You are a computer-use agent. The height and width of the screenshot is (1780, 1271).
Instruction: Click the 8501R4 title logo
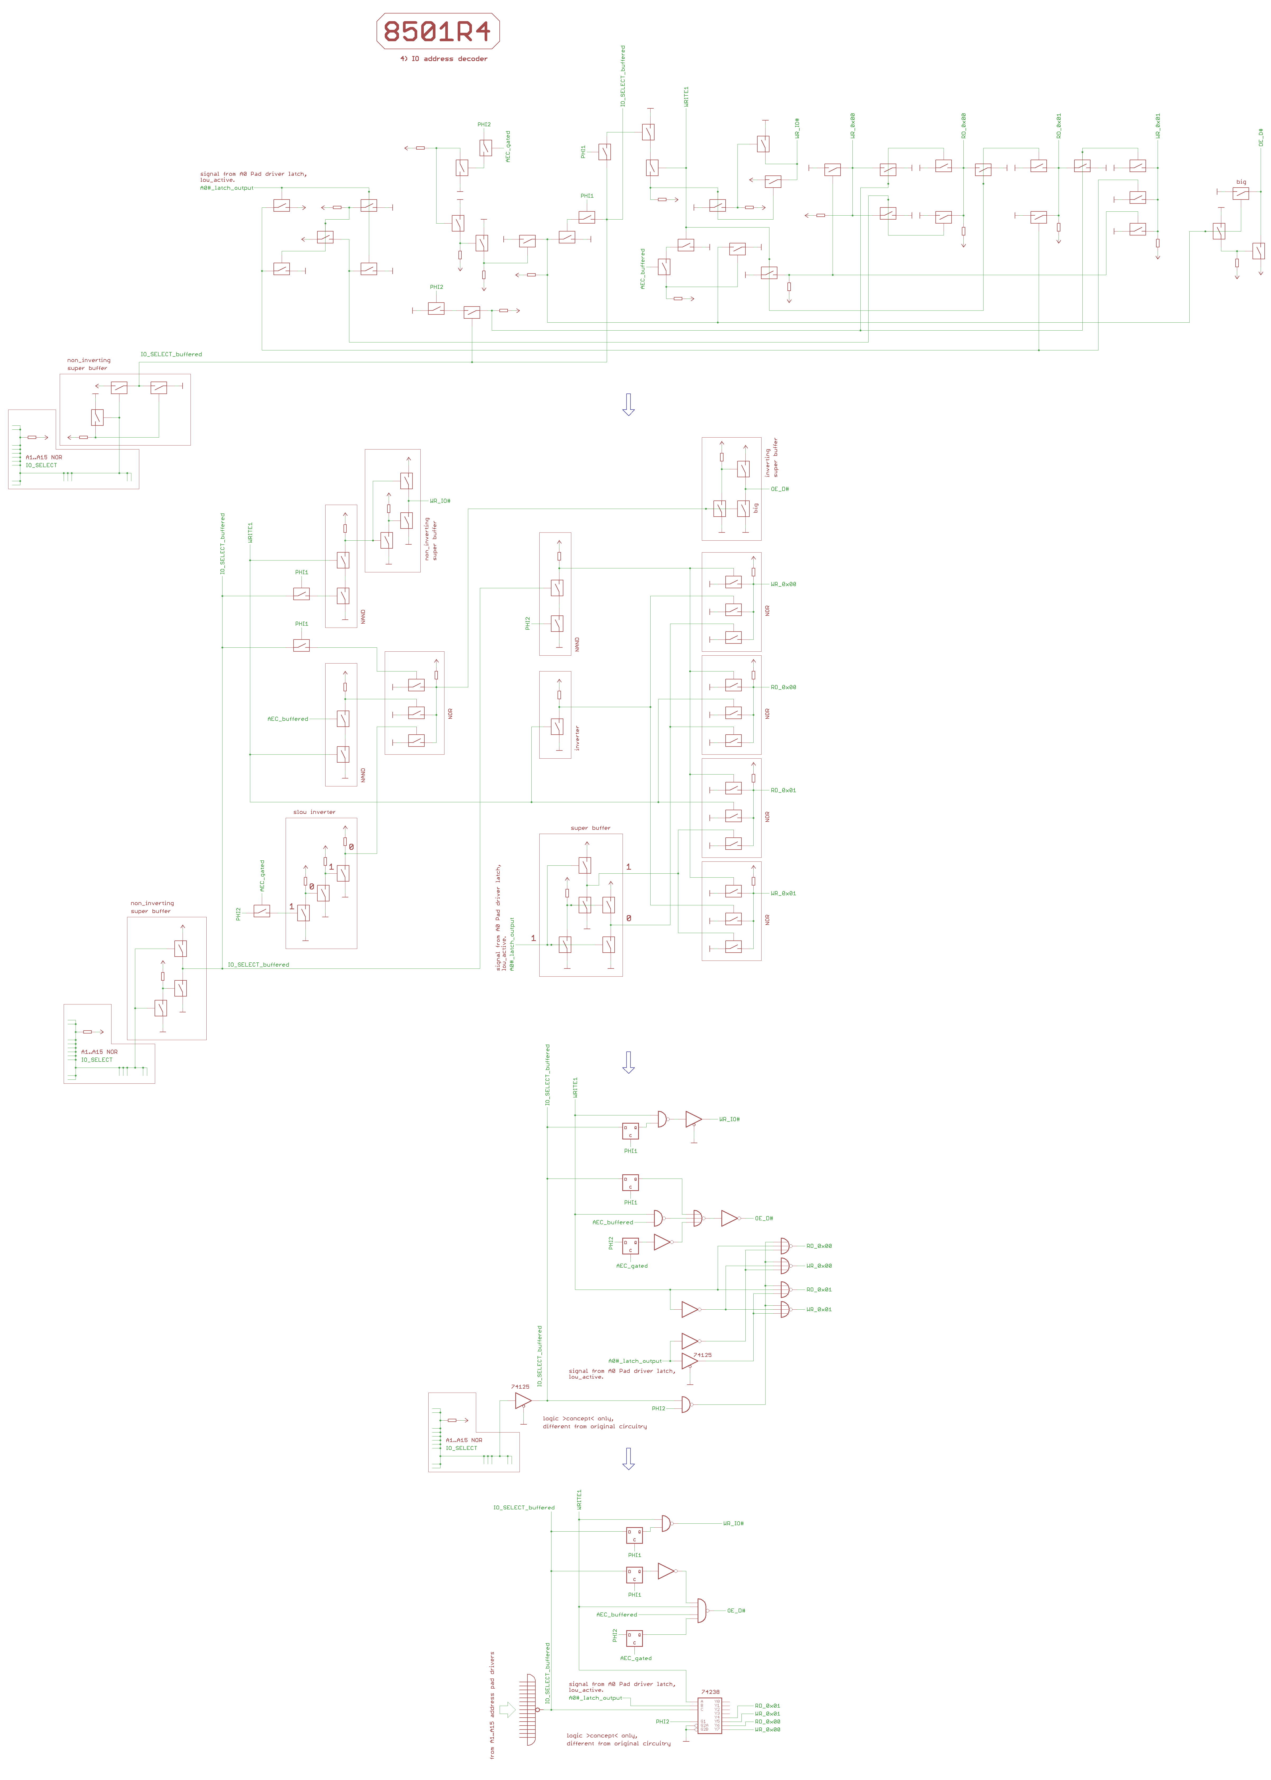coord(438,31)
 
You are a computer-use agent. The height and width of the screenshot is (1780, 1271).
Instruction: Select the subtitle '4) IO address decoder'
coord(444,59)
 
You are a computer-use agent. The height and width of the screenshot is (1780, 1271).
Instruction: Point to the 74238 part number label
coord(710,1691)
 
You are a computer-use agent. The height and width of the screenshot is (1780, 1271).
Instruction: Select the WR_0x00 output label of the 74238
coord(767,1729)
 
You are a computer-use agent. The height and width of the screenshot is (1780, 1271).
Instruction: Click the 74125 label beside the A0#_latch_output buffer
coord(703,1354)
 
